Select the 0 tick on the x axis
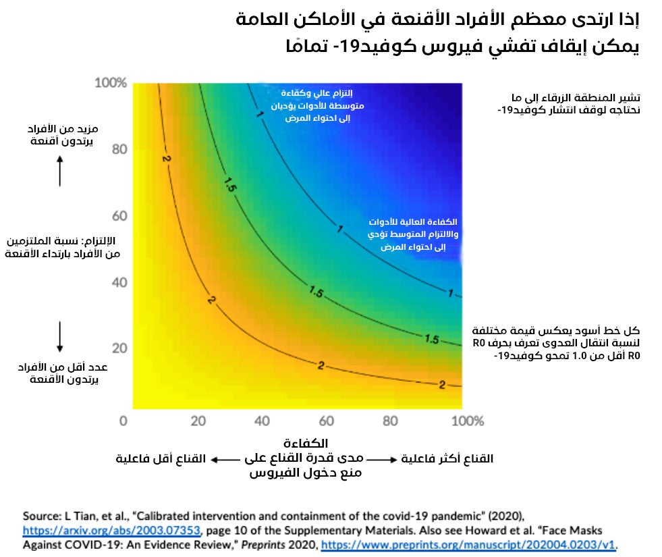[x=123, y=421]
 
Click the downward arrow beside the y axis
[x=60, y=336]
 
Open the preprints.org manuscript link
[x=468, y=544]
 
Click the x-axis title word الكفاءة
[x=308, y=444]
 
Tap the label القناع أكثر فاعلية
[x=447, y=459]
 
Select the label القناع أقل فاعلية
[x=160, y=459]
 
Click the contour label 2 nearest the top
[x=165, y=158]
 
